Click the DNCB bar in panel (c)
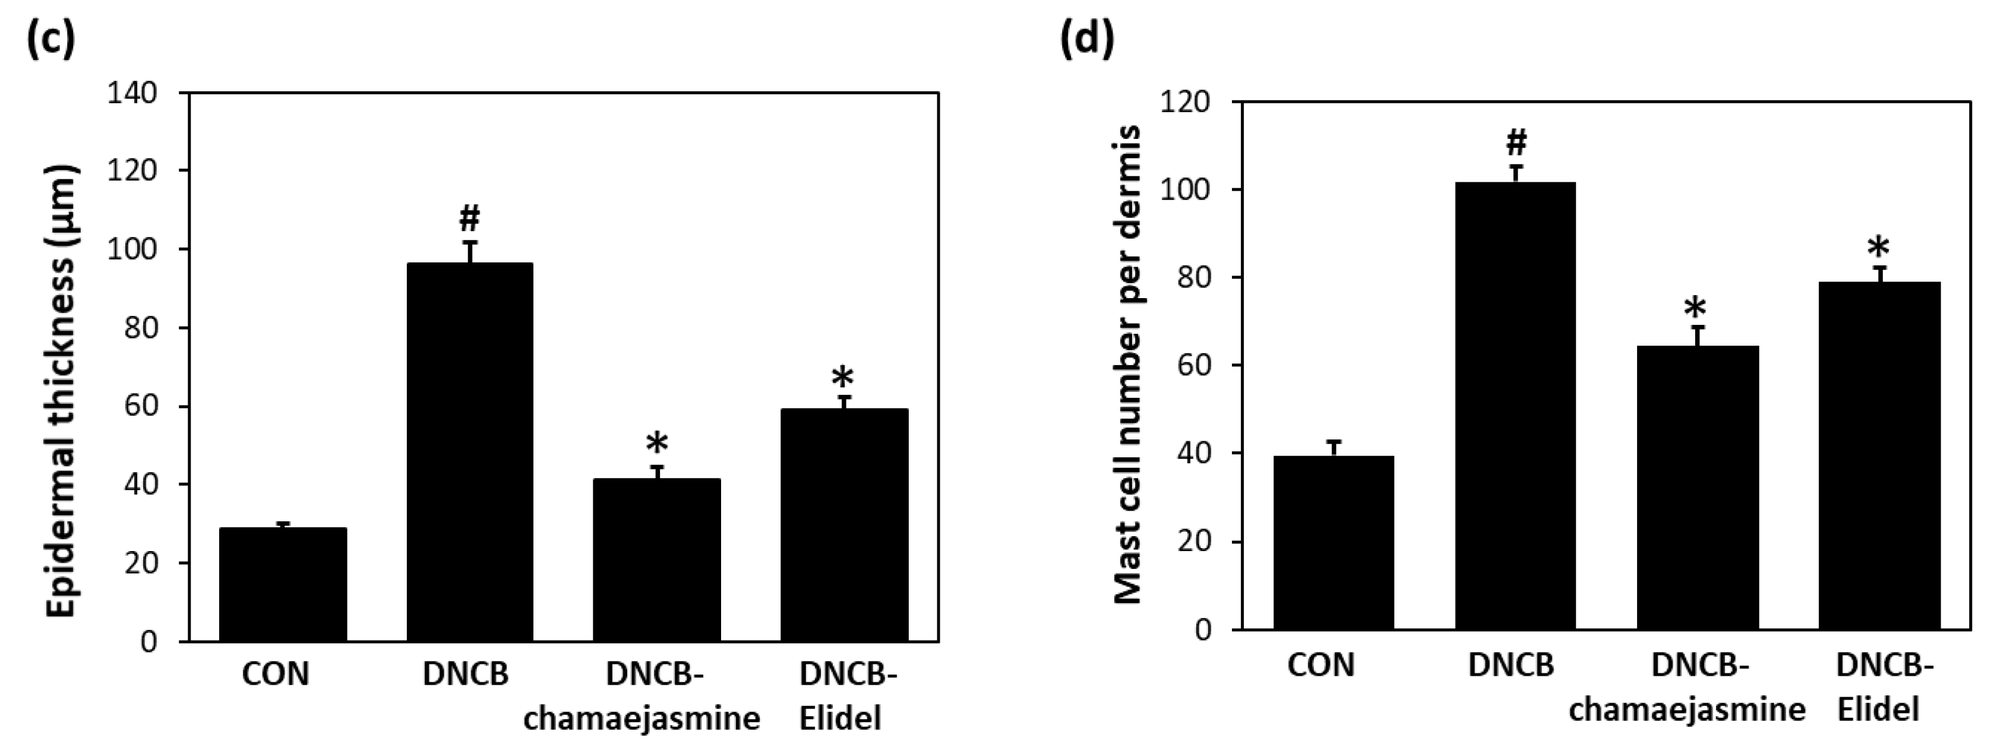(469, 453)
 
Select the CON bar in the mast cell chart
(1333, 542)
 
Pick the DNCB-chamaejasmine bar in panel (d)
(1698, 487)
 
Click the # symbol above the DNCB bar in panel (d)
(1516, 143)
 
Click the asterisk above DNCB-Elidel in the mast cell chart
(1878, 249)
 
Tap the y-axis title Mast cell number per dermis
(1128, 364)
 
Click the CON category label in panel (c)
(276, 673)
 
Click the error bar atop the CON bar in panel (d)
(1333, 448)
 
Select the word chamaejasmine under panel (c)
(642, 718)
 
